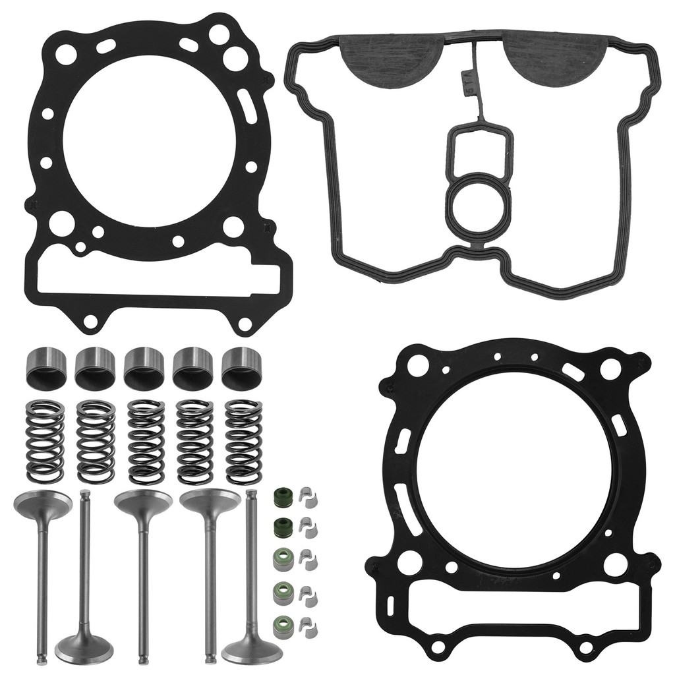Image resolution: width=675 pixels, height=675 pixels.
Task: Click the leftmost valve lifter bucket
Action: [45, 367]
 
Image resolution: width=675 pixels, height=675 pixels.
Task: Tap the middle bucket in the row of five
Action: [144, 367]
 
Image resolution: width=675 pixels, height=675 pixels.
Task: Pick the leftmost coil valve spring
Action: [45, 440]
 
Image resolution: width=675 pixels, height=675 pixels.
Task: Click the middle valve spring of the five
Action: [146, 440]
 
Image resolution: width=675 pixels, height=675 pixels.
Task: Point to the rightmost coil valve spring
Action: [244, 440]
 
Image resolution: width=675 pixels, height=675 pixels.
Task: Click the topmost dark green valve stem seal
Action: [282, 496]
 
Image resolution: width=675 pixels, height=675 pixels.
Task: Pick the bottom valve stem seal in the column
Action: [282, 622]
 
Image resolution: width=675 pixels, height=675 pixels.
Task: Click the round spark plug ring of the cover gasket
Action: [477, 198]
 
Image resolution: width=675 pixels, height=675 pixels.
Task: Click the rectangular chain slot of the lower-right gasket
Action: [521, 610]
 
